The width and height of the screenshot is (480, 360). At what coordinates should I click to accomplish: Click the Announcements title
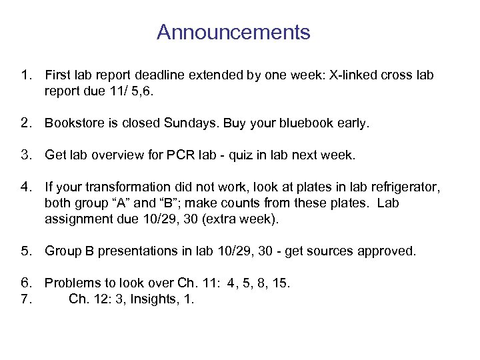tap(233, 32)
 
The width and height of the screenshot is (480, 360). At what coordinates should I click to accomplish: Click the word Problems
tap(71, 283)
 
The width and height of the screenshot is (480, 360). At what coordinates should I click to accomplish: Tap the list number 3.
tap(27, 155)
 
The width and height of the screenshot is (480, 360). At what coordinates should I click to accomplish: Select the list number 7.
tap(27, 299)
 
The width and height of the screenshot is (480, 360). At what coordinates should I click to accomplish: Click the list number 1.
tap(27, 75)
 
